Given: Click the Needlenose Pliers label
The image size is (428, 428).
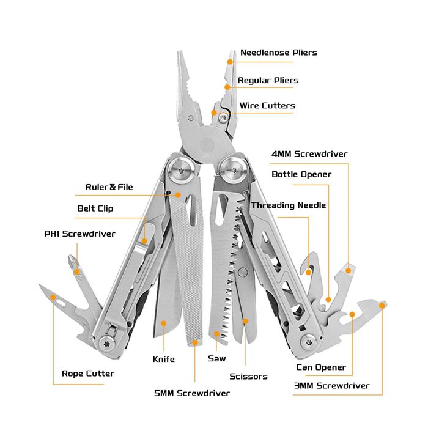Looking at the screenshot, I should (278, 53).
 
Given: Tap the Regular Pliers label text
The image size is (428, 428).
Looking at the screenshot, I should (268, 80).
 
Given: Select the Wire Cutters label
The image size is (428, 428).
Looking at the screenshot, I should (267, 106).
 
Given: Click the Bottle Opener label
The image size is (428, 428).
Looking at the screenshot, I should (301, 174).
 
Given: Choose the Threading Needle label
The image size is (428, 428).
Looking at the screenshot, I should (288, 205).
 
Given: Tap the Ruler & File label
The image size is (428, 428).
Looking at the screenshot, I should (109, 187).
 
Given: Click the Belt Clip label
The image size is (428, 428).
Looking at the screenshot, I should (95, 208).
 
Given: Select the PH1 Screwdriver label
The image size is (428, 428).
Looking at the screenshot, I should (79, 234).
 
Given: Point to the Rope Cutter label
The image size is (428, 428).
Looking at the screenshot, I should (88, 374).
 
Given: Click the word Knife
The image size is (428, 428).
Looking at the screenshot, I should (163, 359).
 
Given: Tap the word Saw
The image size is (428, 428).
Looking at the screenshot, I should (217, 358).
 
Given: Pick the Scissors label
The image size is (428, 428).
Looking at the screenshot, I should (248, 377).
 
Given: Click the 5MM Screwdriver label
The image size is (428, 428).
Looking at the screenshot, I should (192, 393).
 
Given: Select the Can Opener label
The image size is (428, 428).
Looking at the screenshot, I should (321, 367).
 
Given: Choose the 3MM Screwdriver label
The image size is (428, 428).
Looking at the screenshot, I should (331, 386).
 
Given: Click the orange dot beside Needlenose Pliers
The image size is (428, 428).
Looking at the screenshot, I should (231, 61).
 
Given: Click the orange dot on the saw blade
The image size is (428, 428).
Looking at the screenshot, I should (216, 334).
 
